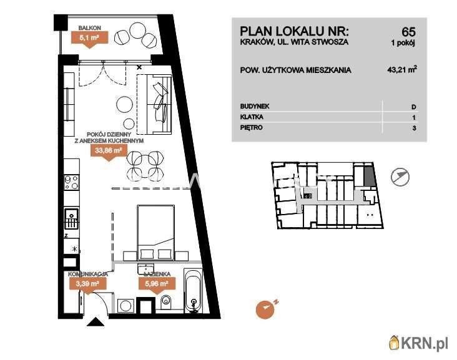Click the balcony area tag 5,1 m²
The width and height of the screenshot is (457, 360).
click(90, 37)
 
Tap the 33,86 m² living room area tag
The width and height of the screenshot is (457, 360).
click(109, 151)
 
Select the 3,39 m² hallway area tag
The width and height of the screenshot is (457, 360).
click(87, 283)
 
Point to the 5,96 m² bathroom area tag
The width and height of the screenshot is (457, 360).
click(157, 283)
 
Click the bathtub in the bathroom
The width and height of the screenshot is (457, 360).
click(193, 291)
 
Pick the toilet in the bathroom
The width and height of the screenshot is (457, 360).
click(166, 302)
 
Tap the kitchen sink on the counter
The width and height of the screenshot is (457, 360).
click(71, 219)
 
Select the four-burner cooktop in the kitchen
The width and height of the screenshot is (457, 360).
click(71, 182)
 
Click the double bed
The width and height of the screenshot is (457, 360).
click(156, 232)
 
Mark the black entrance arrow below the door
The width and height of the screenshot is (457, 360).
click(96, 322)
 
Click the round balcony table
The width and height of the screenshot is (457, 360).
click(137, 31)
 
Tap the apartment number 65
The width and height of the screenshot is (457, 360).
click(408, 31)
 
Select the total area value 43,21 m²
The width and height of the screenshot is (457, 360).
click(402, 70)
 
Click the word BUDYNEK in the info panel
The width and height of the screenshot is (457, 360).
click(255, 106)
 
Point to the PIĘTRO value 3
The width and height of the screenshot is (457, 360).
click(414, 128)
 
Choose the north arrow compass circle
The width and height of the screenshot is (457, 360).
click(400, 177)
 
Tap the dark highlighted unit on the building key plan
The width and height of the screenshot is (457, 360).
click(369, 175)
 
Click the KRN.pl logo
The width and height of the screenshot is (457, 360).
click(418, 343)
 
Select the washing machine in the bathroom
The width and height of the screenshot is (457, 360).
click(125, 306)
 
